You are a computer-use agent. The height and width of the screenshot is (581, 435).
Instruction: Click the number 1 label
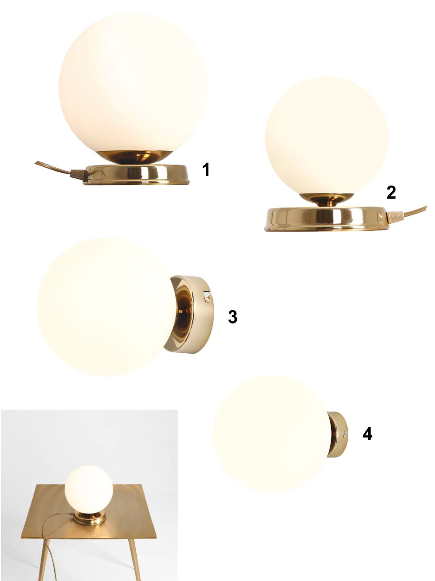(206, 169)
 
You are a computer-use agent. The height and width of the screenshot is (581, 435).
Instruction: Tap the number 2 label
(391, 192)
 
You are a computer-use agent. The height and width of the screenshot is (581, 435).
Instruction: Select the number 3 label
(232, 317)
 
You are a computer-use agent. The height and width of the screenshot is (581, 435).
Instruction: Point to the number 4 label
(367, 434)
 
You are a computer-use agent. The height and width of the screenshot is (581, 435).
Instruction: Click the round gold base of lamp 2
(324, 219)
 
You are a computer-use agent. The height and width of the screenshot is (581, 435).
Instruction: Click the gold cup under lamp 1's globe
(135, 157)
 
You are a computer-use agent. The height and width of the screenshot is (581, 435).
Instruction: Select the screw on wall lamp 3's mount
(207, 299)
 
